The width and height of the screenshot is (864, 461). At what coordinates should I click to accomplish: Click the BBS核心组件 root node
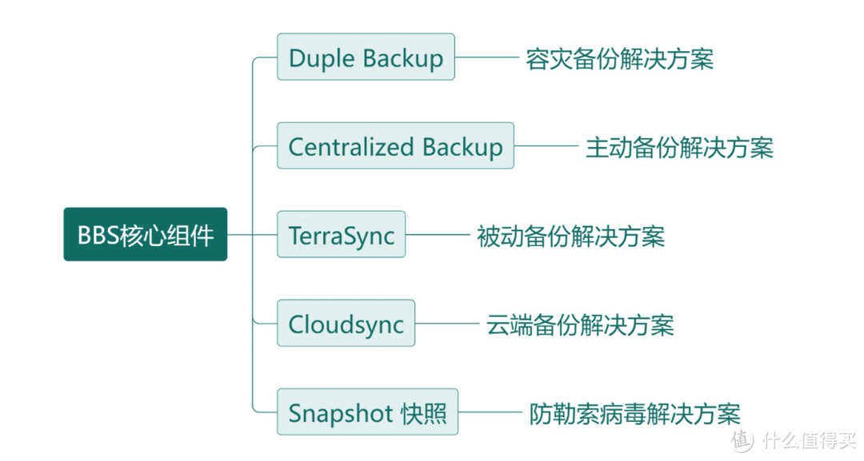pyautogui.click(x=146, y=235)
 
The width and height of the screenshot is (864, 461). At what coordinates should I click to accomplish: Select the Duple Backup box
pyautogui.click(x=366, y=57)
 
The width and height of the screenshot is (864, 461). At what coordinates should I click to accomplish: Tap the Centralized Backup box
pyautogui.click(x=395, y=145)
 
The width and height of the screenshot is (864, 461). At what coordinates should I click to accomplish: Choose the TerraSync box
pyautogui.click(x=342, y=235)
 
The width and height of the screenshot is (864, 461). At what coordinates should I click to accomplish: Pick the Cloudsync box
pyautogui.click(x=346, y=324)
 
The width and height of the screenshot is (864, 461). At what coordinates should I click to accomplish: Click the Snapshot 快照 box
pyautogui.click(x=367, y=412)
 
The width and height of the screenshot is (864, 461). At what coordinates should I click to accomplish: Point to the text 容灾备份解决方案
pyautogui.click(x=619, y=58)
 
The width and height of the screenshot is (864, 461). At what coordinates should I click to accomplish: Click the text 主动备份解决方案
pyautogui.click(x=679, y=147)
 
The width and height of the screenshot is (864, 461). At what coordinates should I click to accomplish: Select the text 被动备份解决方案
pyautogui.click(x=570, y=236)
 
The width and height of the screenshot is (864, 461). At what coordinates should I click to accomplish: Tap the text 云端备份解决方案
pyautogui.click(x=580, y=324)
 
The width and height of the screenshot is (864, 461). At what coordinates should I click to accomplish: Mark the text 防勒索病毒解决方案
pyautogui.click(x=634, y=413)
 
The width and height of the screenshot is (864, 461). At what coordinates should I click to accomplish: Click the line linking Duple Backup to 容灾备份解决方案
pyautogui.click(x=487, y=58)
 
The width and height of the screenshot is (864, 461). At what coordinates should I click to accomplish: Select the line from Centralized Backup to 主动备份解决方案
pyautogui.click(x=546, y=146)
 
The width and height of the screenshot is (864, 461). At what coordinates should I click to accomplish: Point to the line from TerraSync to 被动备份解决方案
pyautogui.click(x=438, y=235)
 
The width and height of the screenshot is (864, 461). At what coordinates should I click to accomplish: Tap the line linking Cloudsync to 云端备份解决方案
pyautogui.click(x=447, y=324)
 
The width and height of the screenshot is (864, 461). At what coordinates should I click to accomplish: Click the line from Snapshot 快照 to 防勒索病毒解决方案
pyautogui.click(x=491, y=412)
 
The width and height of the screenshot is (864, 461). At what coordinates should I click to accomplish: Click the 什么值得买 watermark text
pyautogui.click(x=809, y=439)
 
